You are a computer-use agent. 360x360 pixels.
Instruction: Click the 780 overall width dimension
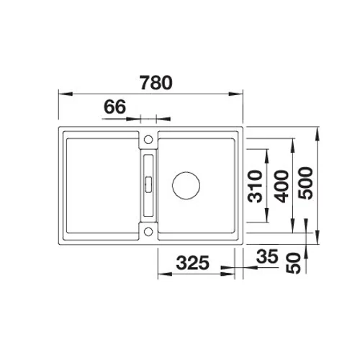click(x=156, y=83)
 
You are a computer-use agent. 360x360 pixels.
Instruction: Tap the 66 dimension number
click(x=114, y=107)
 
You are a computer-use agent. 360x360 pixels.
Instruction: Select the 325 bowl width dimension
click(x=193, y=263)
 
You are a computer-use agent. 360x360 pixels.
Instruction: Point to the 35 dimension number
click(x=267, y=256)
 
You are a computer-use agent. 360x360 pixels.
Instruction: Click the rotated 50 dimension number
click(x=294, y=263)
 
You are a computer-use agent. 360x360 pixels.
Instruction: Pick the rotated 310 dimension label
click(x=255, y=186)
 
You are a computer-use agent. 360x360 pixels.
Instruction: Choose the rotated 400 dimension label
click(x=282, y=186)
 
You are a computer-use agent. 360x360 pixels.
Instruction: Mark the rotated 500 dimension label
click(x=306, y=183)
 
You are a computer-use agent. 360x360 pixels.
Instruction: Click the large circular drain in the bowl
click(x=186, y=185)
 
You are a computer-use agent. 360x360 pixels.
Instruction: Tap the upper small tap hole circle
click(x=148, y=140)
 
